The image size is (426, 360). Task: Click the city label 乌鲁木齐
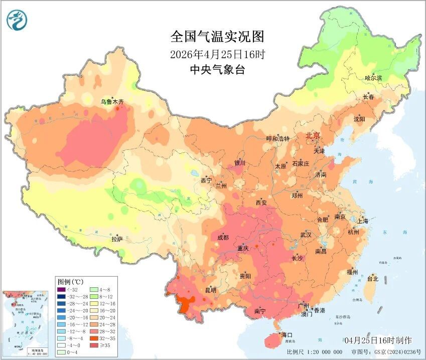pyautogui.click(x=111, y=102)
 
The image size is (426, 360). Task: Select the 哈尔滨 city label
pyautogui.click(x=373, y=78)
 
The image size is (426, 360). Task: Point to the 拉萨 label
pyautogui.click(x=117, y=240)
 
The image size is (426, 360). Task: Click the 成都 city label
pyautogui.click(x=223, y=237)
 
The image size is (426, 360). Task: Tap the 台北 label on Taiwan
pyautogui.click(x=373, y=278)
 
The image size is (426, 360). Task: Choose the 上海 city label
pyautogui.click(x=363, y=221)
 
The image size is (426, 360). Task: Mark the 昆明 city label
pyautogui.click(x=210, y=290)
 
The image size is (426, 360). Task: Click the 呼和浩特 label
pyautogui.click(x=277, y=139)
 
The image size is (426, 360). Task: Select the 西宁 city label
pyautogui.click(x=206, y=180)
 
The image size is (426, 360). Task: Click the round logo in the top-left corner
pyautogui.click(x=17, y=20)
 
